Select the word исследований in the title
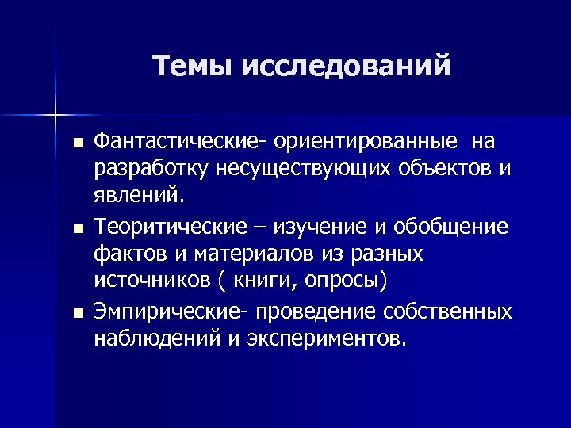click(347, 65)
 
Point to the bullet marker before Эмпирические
click(77, 314)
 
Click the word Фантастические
click(181, 142)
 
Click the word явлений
click(139, 197)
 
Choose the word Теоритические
click(171, 227)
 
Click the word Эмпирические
click(171, 311)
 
